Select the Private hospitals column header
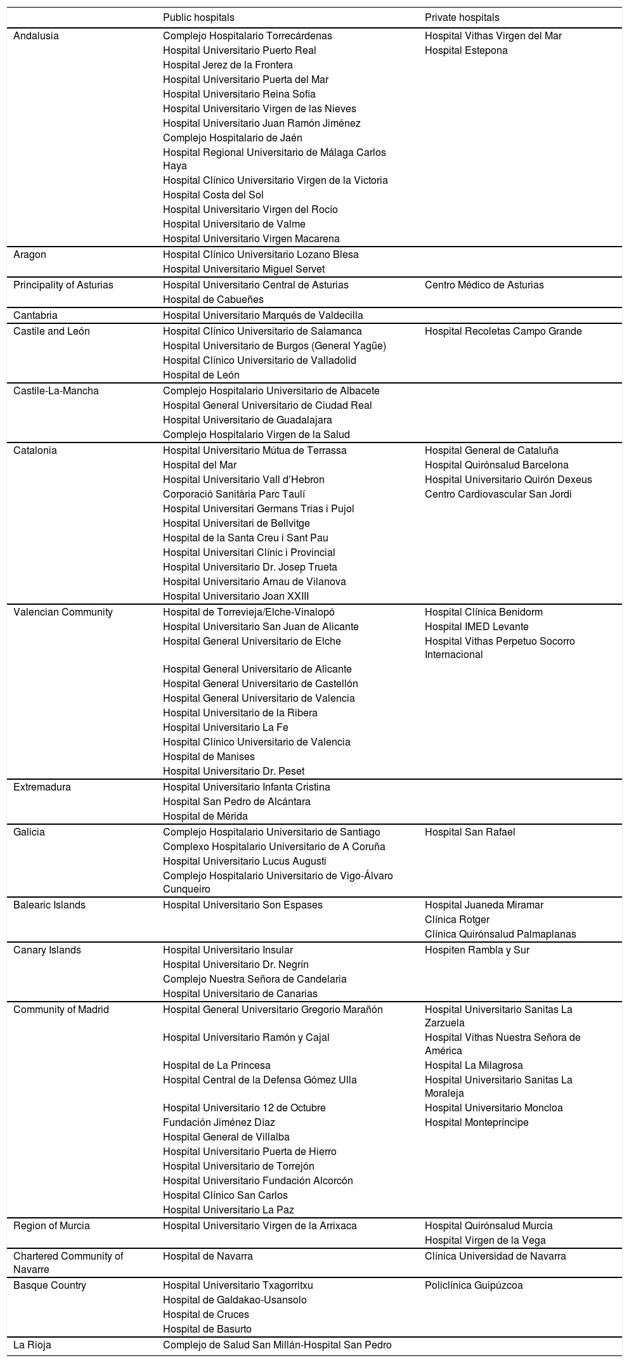462,18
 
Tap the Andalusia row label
36,36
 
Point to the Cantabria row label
36,315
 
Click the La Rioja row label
32,1345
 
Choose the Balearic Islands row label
49,905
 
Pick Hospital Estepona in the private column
466,51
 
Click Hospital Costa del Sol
213,195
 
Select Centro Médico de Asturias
484,285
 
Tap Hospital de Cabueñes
213,300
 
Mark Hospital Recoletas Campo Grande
503,332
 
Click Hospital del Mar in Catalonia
200,465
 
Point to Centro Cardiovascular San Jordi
498,494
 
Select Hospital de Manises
209,756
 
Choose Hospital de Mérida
205,816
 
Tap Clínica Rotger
457,919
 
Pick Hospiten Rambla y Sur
477,950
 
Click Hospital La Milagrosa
474,1065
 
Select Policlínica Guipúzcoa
474,1285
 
